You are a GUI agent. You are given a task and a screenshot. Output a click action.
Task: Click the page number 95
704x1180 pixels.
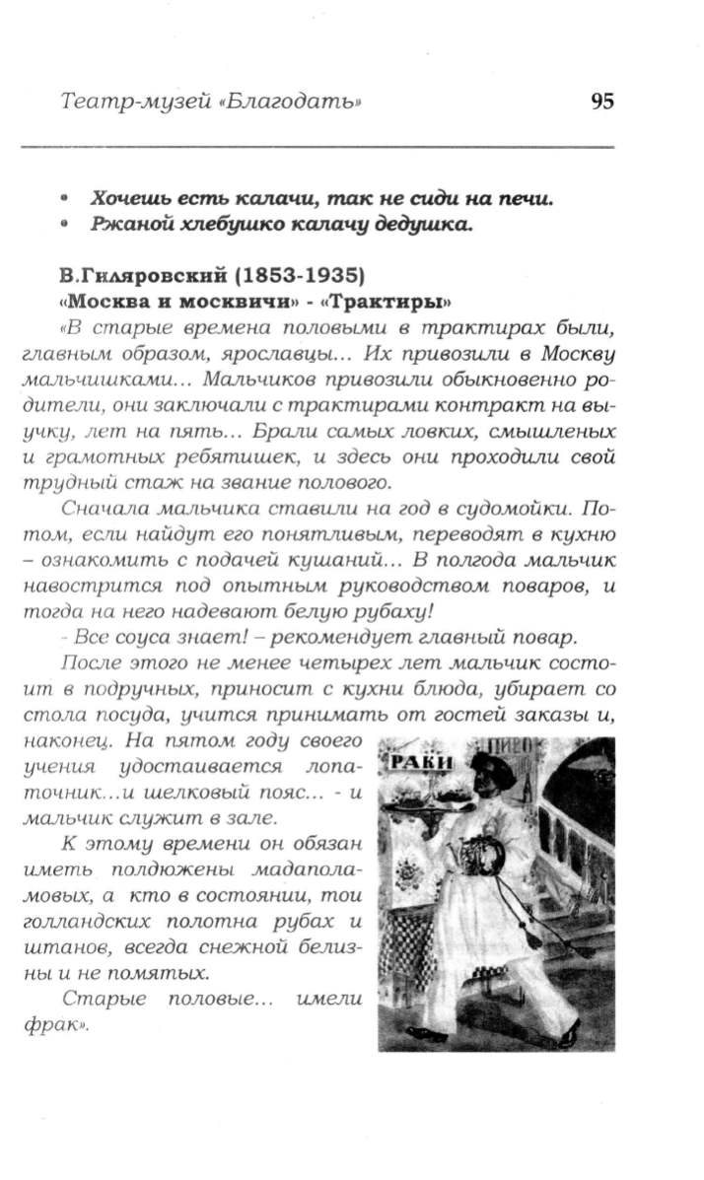click(601, 102)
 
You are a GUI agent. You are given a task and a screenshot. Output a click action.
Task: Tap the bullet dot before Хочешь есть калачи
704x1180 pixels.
click(64, 198)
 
